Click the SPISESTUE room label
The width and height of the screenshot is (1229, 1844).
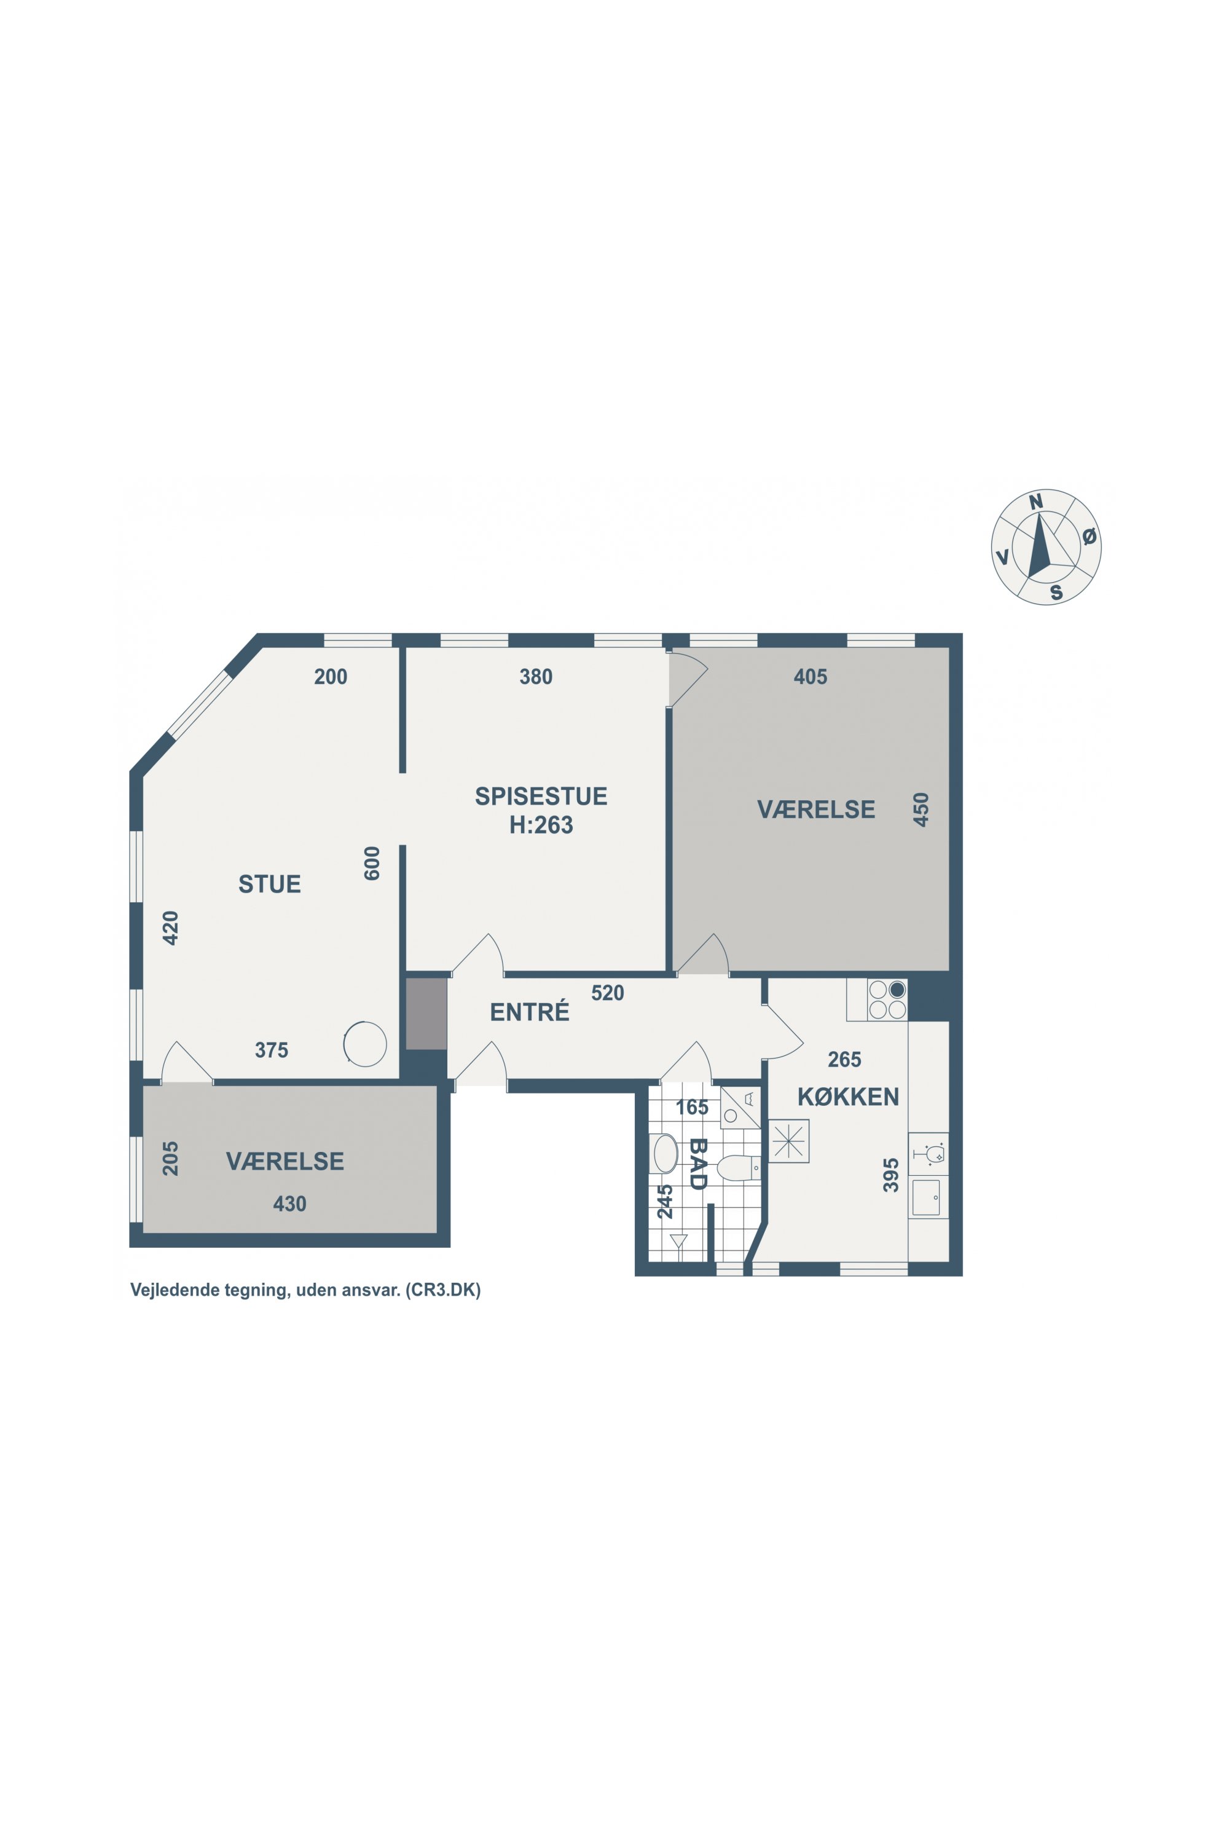click(541, 796)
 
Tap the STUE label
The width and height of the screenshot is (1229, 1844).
click(270, 884)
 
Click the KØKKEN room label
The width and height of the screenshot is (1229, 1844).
click(848, 1097)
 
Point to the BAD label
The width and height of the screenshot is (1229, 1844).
click(697, 1164)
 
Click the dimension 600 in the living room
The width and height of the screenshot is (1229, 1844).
click(372, 863)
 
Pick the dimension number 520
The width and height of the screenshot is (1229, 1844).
click(608, 993)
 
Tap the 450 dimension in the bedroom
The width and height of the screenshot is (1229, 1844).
click(921, 809)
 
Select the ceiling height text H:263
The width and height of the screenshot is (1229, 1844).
click(541, 825)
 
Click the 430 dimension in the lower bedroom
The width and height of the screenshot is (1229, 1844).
click(289, 1204)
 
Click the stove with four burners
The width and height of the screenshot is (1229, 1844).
click(887, 999)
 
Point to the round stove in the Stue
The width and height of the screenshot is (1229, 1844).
click(365, 1044)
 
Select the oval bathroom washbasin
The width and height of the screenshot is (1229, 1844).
click(666, 1153)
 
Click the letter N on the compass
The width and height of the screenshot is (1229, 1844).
click(1036, 502)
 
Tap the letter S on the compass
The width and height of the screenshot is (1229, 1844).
click(1056, 593)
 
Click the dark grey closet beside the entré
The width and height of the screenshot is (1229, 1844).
click(426, 1013)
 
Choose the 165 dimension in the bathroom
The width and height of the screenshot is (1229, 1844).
click(692, 1107)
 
